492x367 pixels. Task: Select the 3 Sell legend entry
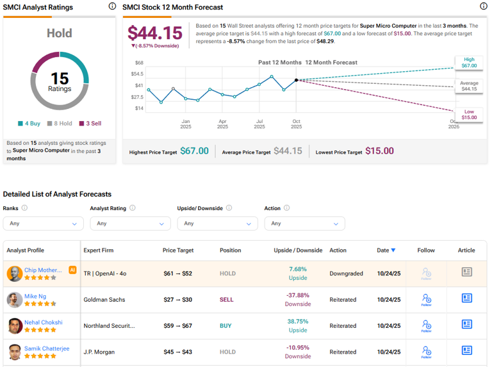(x=90, y=124)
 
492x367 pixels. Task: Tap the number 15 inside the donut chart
(x=60, y=78)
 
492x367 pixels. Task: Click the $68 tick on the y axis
(x=139, y=63)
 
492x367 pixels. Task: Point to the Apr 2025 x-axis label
(x=222, y=124)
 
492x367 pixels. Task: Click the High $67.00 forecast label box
(x=468, y=62)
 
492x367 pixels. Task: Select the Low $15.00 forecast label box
(x=468, y=114)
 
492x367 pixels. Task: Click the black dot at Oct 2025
(x=296, y=80)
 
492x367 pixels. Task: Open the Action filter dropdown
(x=304, y=224)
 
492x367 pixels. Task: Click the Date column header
(x=386, y=250)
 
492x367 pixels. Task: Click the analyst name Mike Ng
(x=36, y=297)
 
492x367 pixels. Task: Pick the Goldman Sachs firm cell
(x=104, y=300)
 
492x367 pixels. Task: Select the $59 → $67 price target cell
(x=177, y=326)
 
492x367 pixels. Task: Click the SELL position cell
(x=227, y=300)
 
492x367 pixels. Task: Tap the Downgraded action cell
(x=347, y=273)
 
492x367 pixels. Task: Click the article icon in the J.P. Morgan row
(x=467, y=350)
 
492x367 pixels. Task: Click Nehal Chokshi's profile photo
(x=15, y=326)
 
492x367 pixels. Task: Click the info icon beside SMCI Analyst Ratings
(x=113, y=6)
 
